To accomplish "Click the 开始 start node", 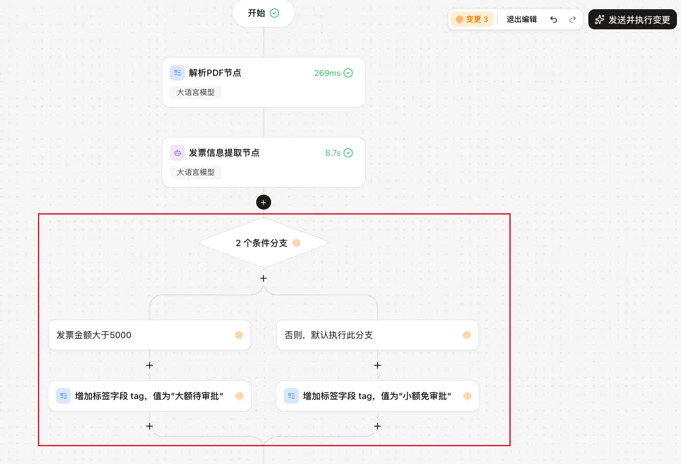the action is click(x=264, y=13).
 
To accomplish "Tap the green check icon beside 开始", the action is click(x=275, y=13).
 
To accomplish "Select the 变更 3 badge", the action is click(x=472, y=19).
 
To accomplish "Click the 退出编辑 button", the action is click(x=522, y=19).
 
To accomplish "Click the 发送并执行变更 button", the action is click(x=632, y=20).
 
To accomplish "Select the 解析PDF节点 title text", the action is click(x=215, y=73).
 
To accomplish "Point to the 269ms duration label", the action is click(x=328, y=73).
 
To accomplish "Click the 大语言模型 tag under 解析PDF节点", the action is click(x=196, y=93).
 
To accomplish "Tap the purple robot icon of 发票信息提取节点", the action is click(x=177, y=152).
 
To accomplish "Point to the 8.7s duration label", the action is click(x=333, y=153).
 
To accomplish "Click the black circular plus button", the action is click(x=264, y=202).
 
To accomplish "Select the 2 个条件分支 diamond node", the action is click(x=264, y=243).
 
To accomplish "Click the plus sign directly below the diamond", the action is click(x=264, y=278).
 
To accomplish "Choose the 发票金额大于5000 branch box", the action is click(x=150, y=335).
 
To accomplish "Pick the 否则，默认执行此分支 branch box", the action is click(x=378, y=335).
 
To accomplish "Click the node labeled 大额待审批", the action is click(x=150, y=396).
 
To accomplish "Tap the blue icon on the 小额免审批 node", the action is click(x=291, y=396).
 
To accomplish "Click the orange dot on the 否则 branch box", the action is click(x=467, y=335).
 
